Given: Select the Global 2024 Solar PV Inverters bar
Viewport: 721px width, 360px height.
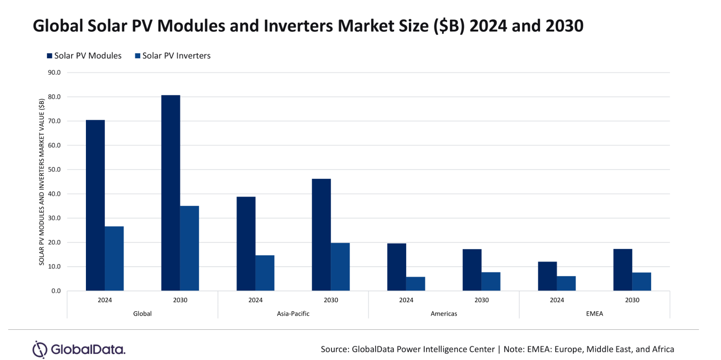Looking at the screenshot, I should point(114,259).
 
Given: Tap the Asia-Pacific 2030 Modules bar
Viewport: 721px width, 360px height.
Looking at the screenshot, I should point(321,235).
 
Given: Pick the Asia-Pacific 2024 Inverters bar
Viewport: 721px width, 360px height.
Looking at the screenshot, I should point(265,273).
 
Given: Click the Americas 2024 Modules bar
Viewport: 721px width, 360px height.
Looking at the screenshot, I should point(396,267).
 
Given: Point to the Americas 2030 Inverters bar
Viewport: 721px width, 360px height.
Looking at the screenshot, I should point(491,281).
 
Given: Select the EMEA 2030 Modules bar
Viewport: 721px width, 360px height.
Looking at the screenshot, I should point(623,270).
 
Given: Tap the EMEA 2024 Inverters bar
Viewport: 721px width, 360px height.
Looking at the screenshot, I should point(566,284).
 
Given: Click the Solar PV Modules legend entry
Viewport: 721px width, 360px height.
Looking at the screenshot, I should point(84,56).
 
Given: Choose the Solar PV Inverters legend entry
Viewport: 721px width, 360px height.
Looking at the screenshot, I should point(173,56).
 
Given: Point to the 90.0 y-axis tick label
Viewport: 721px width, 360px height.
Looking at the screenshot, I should point(54,73).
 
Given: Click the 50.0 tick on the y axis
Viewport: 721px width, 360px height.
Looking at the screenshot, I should point(54,170).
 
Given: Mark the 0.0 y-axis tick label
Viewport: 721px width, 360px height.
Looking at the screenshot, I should point(56,291).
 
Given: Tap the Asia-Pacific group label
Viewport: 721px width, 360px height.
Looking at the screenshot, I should point(293,314).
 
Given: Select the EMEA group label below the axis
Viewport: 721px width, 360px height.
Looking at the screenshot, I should point(595,314).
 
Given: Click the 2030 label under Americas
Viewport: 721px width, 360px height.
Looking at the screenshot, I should point(481,300).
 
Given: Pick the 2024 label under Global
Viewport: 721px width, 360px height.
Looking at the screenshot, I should point(104,300).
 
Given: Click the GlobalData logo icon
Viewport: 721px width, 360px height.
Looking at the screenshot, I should point(40,349).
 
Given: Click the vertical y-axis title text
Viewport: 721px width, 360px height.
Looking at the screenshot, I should point(41,182).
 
